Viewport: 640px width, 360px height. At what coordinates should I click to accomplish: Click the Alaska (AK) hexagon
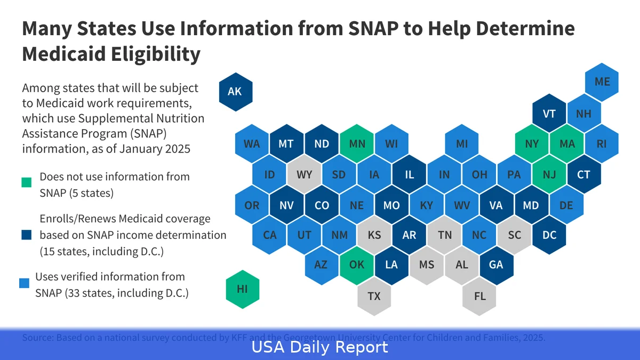click(x=235, y=92)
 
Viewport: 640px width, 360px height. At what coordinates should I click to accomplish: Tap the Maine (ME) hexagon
click(x=602, y=82)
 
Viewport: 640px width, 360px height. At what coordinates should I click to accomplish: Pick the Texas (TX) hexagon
click(x=374, y=295)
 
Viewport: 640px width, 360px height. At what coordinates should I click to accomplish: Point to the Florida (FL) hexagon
click(x=480, y=295)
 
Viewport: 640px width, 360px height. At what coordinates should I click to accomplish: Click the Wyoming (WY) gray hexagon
click(x=304, y=174)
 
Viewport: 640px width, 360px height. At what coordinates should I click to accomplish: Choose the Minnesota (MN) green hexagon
click(x=357, y=144)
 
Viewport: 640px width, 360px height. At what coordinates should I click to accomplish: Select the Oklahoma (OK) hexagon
click(x=356, y=265)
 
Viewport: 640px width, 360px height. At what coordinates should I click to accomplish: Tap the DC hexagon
click(x=549, y=235)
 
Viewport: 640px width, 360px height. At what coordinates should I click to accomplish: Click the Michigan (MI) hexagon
click(x=462, y=144)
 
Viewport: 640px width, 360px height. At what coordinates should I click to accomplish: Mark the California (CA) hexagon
click(x=270, y=235)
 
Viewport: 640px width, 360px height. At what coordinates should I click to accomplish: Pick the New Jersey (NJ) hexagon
click(x=549, y=174)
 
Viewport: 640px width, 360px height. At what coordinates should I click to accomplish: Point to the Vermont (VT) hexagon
click(x=549, y=114)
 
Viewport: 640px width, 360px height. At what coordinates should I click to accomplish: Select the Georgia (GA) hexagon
click(x=496, y=265)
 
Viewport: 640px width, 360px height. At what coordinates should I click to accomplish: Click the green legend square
click(x=26, y=183)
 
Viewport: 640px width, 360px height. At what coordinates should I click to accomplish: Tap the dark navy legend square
click(x=26, y=235)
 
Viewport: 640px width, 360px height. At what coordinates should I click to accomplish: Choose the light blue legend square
click(x=24, y=283)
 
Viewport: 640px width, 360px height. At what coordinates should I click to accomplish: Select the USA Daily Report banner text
click(x=319, y=348)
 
